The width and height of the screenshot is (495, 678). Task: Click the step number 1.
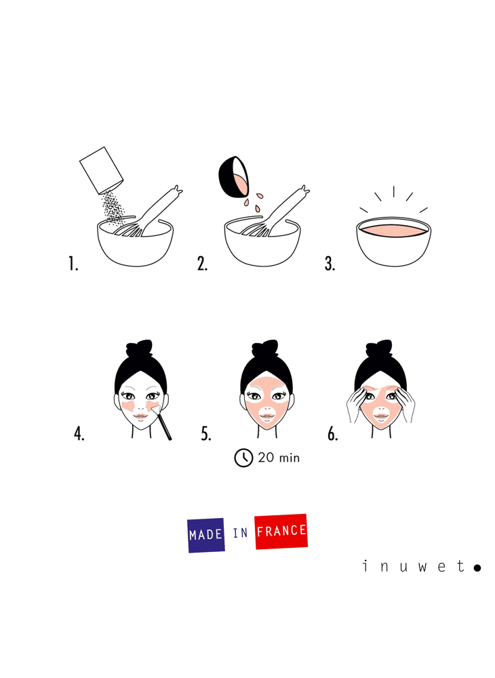[73, 263]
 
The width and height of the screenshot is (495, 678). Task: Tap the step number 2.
[202, 263]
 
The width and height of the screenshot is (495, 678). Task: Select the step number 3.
[330, 263]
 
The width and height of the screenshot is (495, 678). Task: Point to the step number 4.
[79, 433]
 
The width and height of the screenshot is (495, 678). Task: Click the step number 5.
[206, 433]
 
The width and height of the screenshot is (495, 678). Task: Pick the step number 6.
[332, 433]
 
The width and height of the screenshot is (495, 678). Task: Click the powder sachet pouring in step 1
[102, 170]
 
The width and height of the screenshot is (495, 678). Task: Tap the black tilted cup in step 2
[233, 177]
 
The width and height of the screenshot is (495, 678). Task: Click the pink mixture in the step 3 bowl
[393, 231]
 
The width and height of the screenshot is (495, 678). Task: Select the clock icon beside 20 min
[243, 458]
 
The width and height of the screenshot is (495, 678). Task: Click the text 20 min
[279, 458]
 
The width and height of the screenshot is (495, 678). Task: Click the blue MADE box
[205, 536]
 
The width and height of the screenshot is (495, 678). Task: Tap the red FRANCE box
[281, 532]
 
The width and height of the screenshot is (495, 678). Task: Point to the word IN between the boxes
[240, 533]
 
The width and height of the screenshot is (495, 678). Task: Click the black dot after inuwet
[477, 567]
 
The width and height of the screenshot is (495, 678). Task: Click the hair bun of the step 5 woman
[265, 348]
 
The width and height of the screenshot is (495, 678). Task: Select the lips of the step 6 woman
[381, 416]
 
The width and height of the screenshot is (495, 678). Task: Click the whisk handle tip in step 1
[177, 190]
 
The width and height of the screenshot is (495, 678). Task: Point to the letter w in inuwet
[422, 566]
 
